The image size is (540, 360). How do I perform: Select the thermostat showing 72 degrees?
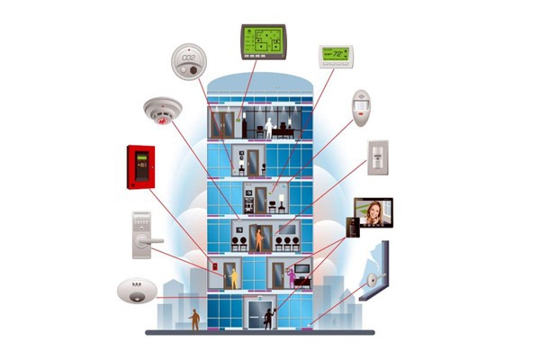(x=335, y=56)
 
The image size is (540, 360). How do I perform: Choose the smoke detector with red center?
(x=162, y=112)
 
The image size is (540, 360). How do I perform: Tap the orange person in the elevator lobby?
(x=260, y=239)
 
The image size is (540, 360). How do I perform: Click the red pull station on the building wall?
(x=215, y=268)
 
